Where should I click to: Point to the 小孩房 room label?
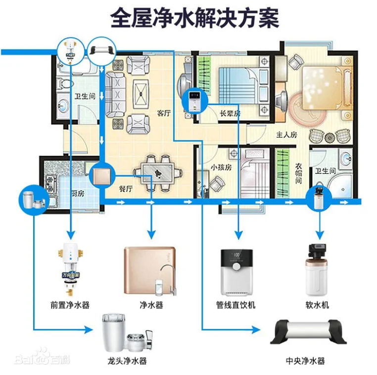tap(221, 167)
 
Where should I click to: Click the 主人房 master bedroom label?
tap(286, 134)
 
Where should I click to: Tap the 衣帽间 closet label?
tap(299, 173)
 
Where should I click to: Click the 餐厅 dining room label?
tap(126, 189)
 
